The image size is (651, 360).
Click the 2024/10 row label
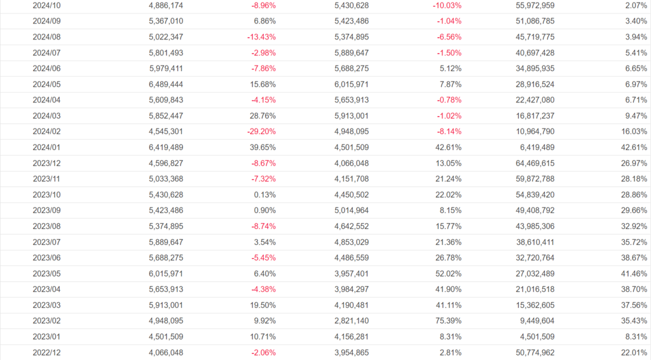[x=46, y=5]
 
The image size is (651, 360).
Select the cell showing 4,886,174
[x=166, y=5]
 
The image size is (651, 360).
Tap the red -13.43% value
[x=261, y=37]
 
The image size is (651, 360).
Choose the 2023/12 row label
[x=46, y=162]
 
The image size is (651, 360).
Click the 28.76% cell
[x=263, y=115]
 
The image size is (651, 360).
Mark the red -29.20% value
[x=261, y=131]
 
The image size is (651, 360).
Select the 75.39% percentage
[x=449, y=319]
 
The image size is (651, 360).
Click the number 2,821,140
[x=351, y=319]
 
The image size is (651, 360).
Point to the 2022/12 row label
[x=46, y=351]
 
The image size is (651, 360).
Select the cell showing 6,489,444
[x=166, y=84]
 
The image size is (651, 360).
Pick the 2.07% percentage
[x=637, y=5]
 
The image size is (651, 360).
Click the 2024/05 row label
[x=46, y=84]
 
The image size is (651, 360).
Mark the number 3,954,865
[x=351, y=351]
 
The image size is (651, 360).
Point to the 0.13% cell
[x=265, y=194]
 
